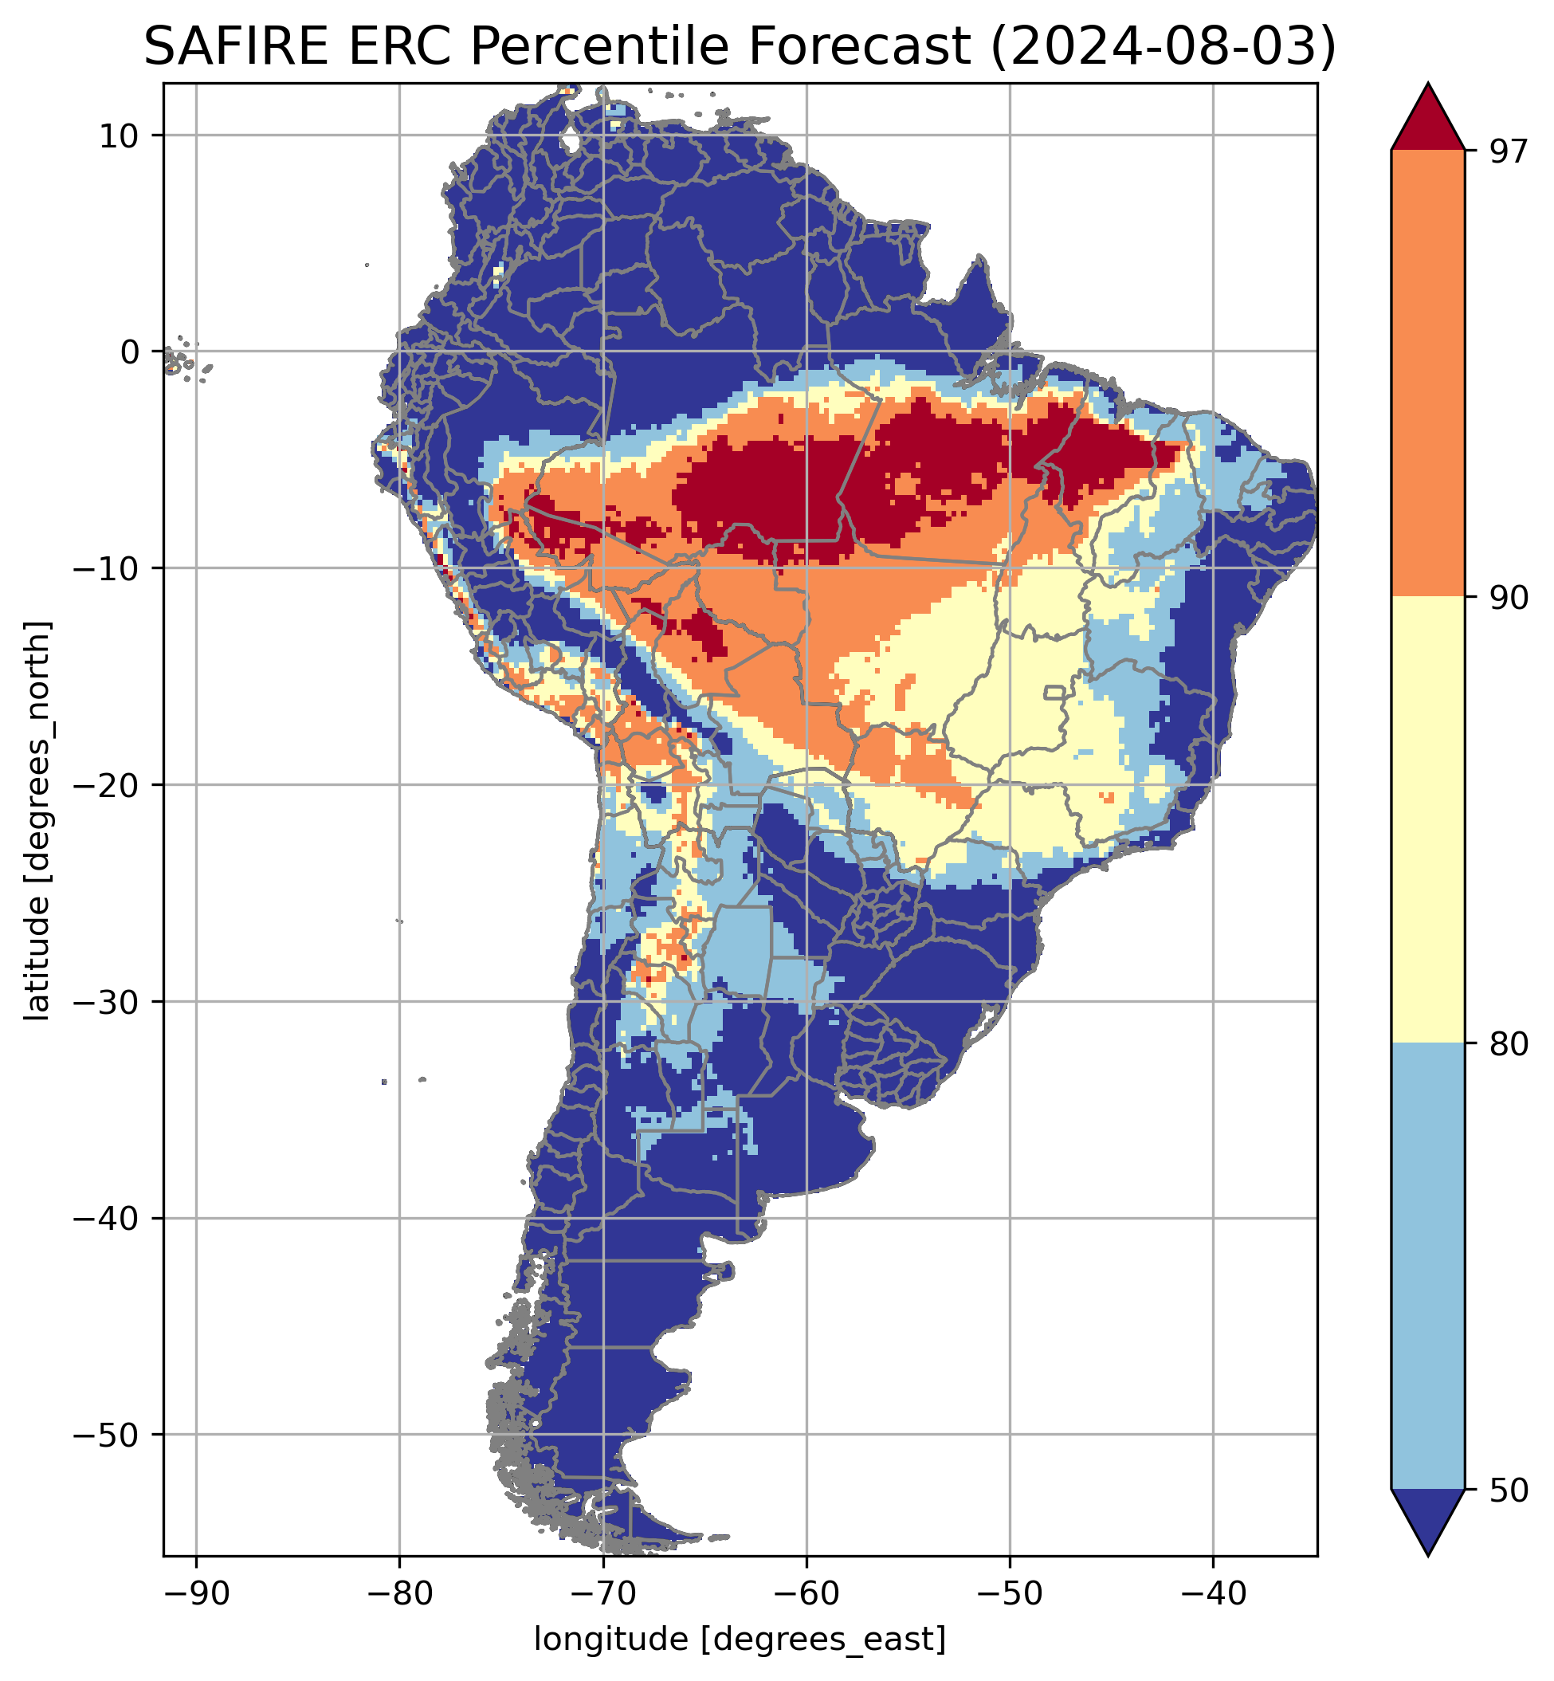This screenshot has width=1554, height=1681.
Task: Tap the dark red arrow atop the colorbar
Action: tap(1428, 122)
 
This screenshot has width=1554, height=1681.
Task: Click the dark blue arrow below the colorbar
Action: tap(1428, 1518)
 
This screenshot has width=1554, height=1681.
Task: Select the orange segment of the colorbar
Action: tap(1428, 374)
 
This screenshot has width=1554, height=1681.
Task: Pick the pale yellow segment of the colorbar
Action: tap(1428, 820)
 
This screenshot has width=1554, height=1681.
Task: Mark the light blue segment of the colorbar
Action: tap(1428, 1266)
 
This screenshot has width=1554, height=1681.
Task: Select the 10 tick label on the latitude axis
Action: tap(120, 136)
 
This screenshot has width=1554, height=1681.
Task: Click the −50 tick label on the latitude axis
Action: tap(107, 1435)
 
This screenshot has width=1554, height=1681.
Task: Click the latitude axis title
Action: tap(37, 821)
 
